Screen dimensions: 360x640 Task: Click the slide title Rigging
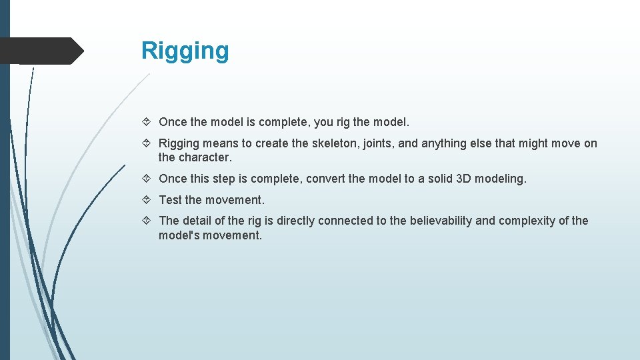pyautogui.click(x=185, y=51)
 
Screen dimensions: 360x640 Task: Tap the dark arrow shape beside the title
pyautogui.click(x=41, y=51)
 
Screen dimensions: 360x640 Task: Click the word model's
pyautogui.click(x=178, y=235)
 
